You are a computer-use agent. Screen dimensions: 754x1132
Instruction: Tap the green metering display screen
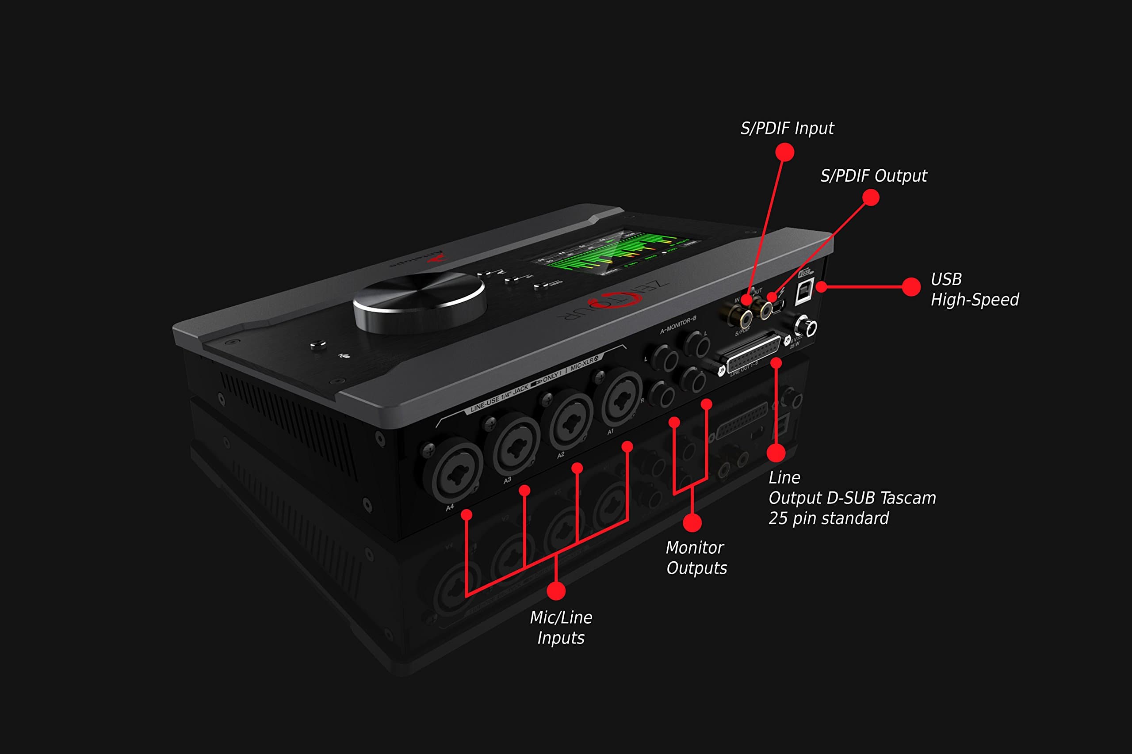[616, 252]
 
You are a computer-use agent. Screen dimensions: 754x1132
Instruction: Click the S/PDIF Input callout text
[787, 128]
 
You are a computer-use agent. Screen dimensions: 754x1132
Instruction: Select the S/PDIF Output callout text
[873, 176]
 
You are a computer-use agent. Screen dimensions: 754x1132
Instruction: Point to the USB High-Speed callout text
[974, 289]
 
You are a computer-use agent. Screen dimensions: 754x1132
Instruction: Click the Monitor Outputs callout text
[696, 558]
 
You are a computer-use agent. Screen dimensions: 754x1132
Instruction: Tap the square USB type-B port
[804, 291]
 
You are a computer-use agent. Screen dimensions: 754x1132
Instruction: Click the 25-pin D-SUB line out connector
[753, 354]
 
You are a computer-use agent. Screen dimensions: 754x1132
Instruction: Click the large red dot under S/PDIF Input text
[784, 152]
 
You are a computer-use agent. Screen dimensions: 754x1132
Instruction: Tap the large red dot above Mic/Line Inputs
[556, 591]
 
